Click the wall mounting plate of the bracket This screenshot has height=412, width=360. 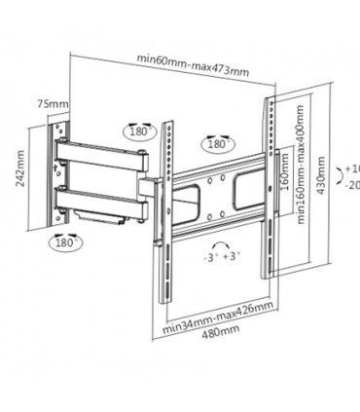(x=61, y=175)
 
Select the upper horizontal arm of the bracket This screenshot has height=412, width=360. (x=102, y=153)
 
